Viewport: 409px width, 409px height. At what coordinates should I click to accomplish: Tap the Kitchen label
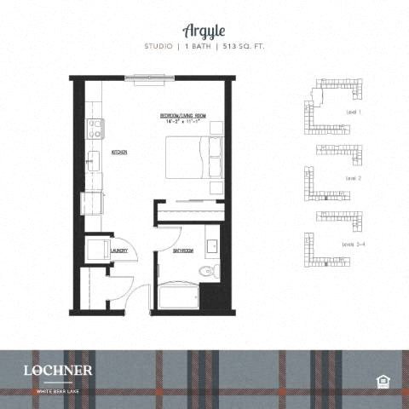pos(119,153)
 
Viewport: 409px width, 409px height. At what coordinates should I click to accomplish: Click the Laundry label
pos(119,251)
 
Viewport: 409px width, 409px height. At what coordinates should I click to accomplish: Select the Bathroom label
pos(182,251)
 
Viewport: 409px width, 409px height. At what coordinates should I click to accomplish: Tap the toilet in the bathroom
pos(205,271)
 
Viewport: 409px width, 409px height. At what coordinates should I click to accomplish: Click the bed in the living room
pos(192,158)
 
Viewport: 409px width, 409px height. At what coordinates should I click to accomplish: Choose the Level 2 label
pos(354,178)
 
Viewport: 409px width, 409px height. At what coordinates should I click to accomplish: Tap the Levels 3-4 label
pos(354,245)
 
